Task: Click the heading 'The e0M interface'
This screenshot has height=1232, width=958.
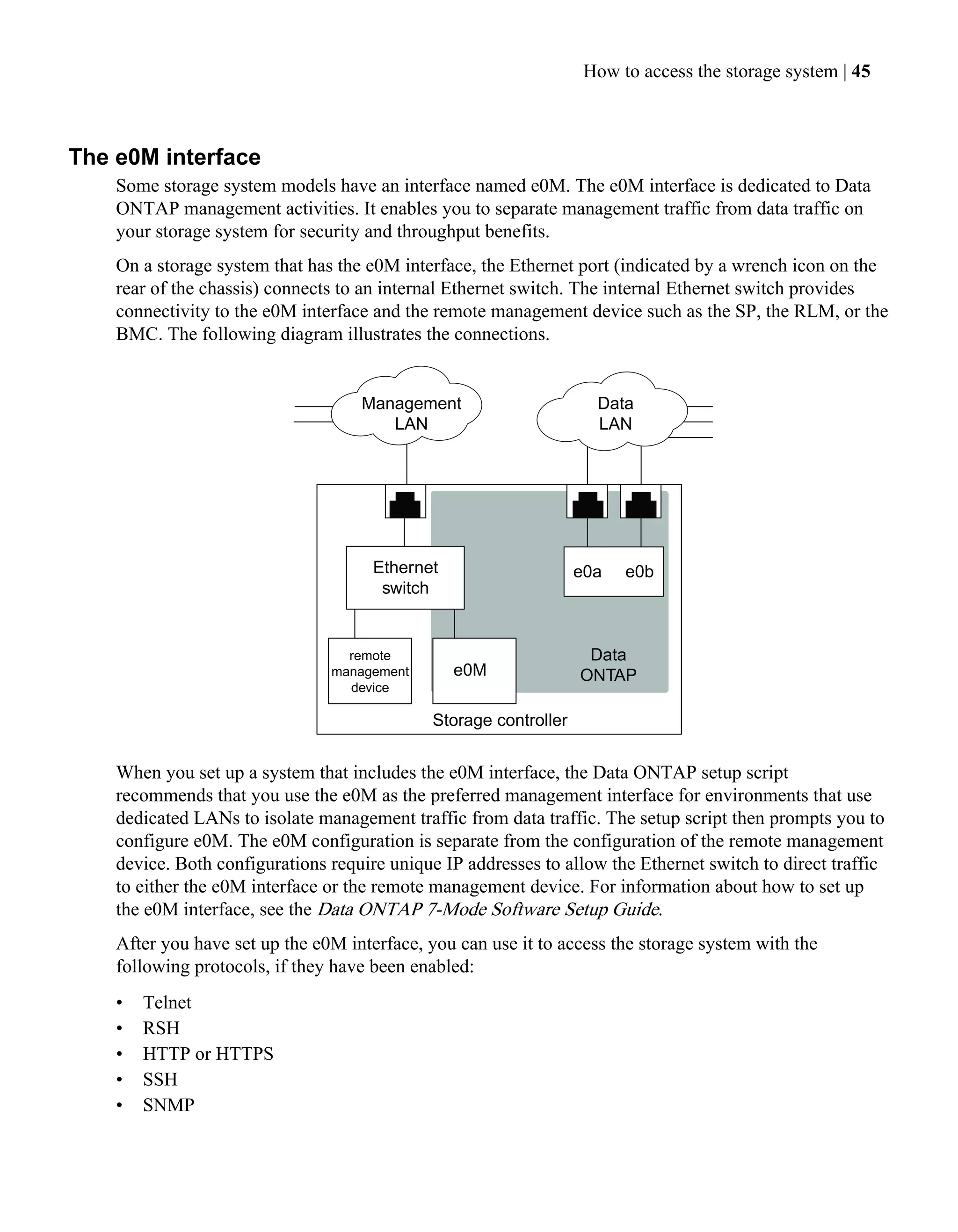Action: click(x=164, y=157)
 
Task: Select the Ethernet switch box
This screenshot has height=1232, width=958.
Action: click(x=405, y=577)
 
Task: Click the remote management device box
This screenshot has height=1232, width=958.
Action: click(x=370, y=671)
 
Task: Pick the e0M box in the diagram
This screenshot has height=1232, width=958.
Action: click(x=474, y=670)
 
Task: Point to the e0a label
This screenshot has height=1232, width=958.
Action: click(x=587, y=571)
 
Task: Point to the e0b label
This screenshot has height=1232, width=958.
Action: click(x=639, y=571)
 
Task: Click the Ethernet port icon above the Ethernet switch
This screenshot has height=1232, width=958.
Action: click(x=405, y=503)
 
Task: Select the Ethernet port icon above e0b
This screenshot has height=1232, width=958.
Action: click(x=640, y=503)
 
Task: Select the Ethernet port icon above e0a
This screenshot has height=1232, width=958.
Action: click(x=587, y=503)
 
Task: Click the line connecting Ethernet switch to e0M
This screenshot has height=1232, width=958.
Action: click(x=455, y=623)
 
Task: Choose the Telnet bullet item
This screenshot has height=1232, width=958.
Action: click(x=167, y=1002)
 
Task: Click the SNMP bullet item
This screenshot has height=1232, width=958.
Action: click(x=168, y=1105)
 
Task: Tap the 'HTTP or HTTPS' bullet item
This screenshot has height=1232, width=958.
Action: click(x=208, y=1053)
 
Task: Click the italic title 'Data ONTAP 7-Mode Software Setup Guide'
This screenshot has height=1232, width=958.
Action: click(x=488, y=909)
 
